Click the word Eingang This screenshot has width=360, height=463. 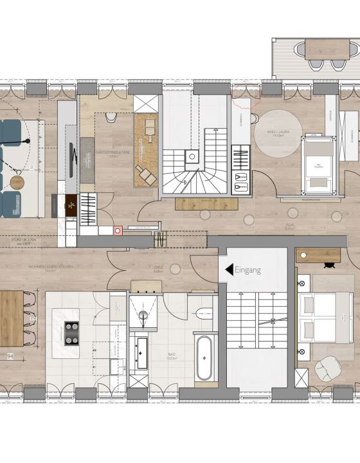click(248, 270)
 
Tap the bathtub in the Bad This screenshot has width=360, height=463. click(204, 358)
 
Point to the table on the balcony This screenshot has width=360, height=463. click(327, 48)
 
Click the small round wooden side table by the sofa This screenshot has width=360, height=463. click(17, 182)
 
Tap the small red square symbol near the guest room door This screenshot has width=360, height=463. click(118, 230)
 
